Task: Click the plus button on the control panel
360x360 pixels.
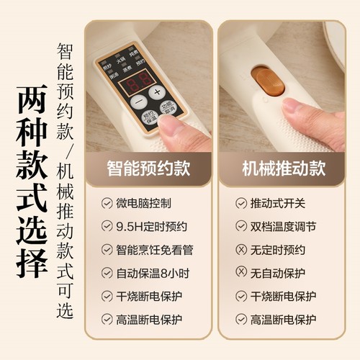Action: tap(157, 92)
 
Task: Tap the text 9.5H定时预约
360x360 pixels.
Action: tap(152, 227)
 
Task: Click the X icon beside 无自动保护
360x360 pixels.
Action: tap(241, 273)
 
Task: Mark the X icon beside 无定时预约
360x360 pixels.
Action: tap(241, 250)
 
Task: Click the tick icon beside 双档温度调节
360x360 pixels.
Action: tap(241, 227)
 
